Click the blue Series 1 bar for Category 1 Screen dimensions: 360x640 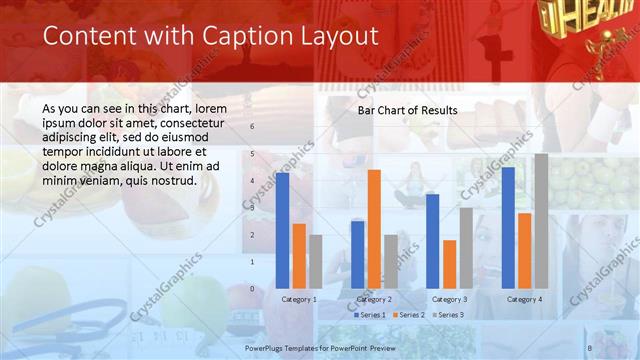click(x=283, y=231)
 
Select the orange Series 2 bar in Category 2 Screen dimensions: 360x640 click(x=374, y=229)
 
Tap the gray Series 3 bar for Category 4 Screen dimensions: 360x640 click(x=541, y=221)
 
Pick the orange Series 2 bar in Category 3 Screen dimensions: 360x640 click(x=449, y=264)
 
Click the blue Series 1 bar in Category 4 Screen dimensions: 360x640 click(x=508, y=228)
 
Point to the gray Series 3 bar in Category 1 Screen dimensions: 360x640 click(x=316, y=262)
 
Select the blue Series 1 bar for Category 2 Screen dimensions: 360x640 click(x=358, y=255)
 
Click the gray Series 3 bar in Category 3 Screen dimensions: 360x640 click(x=466, y=248)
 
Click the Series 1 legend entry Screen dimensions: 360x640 click(x=370, y=315)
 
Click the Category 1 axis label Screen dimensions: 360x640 click(x=299, y=299)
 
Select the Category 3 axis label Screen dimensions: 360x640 click(x=449, y=299)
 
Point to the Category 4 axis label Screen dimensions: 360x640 click(x=524, y=299)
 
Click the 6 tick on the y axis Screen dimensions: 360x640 click(x=252, y=127)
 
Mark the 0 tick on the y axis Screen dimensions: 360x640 click(x=252, y=289)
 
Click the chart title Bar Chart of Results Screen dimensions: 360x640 click(x=408, y=110)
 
